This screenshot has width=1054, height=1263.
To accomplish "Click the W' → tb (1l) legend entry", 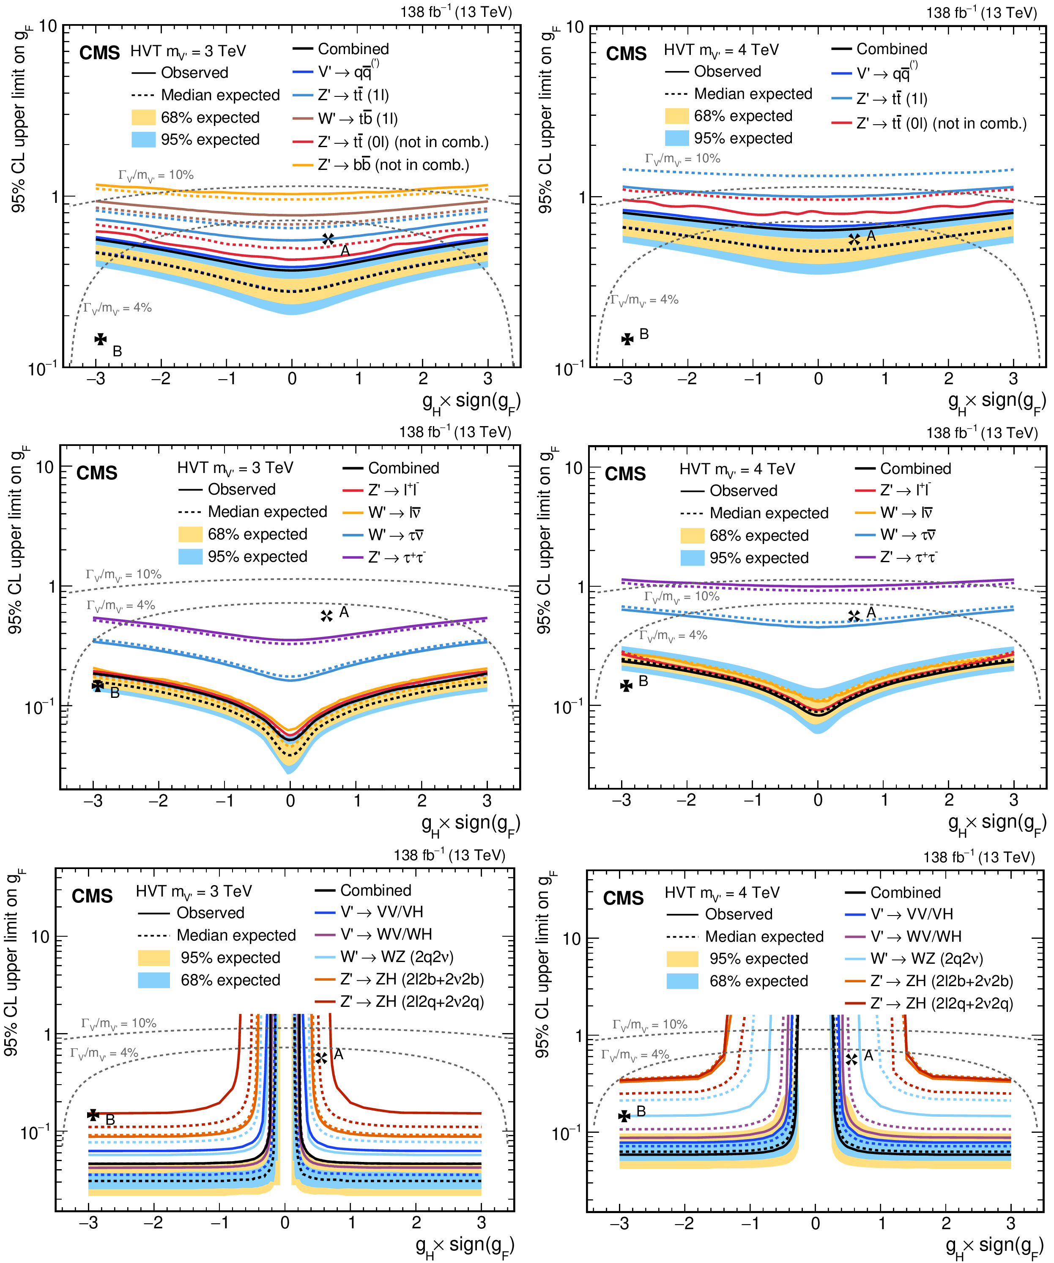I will pos(358,118).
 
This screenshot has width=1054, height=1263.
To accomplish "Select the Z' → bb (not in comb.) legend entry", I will pos(394,165).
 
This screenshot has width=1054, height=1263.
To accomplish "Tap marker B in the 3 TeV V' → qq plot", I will pos(101,339).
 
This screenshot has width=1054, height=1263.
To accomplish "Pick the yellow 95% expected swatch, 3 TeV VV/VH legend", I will pos(153,957).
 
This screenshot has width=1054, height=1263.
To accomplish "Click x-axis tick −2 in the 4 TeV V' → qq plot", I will pos(687,379).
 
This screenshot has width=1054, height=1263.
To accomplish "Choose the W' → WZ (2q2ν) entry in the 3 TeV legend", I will pos(397,957).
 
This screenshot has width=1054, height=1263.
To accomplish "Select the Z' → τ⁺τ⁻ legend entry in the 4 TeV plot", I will pos(909,558).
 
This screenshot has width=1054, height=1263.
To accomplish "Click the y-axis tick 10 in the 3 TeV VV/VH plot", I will pos(40,937).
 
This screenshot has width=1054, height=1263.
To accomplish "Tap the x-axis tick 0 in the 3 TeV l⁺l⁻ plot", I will pos(290,801).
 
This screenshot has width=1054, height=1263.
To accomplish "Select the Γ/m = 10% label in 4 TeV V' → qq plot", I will pos(682,159).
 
